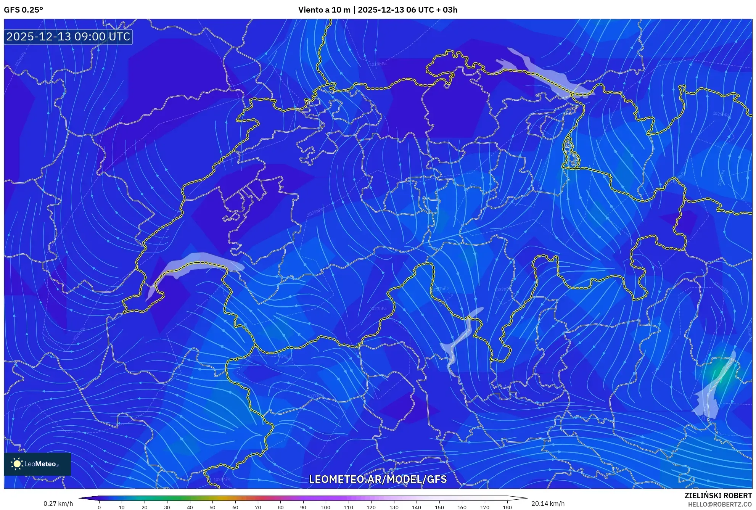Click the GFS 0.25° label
[23, 10]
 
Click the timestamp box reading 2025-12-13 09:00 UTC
[68, 37]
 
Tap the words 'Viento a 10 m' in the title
[324, 10]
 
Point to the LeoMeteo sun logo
[17, 463]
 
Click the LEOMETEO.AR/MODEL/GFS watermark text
[378, 479]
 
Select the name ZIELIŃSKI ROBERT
[718, 496]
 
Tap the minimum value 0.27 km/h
[58, 504]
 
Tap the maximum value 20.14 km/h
[548, 504]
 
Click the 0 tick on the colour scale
[99, 507]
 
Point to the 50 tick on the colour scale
[212, 507]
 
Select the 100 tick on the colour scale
[325, 507]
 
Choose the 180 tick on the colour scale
[507, 507]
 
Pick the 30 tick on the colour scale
[167, 507]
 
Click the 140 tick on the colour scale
[416, 507]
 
